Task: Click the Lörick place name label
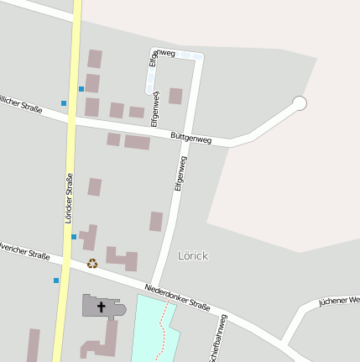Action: tap(193, 255)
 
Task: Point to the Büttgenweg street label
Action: tap(190, 138)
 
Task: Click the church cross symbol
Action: tap(102, 307)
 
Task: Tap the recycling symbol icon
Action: tap(92, 264)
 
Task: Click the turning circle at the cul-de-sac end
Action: tap(299, 103)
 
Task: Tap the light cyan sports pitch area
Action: tap(151, 332)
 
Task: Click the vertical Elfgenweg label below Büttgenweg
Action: tap(180, 174)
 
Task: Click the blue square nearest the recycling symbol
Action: tap(74, 237)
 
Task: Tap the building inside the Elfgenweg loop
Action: tap(175, 96)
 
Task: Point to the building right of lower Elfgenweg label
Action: tap(156, 222)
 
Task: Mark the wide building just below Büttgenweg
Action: tap(137, 143)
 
